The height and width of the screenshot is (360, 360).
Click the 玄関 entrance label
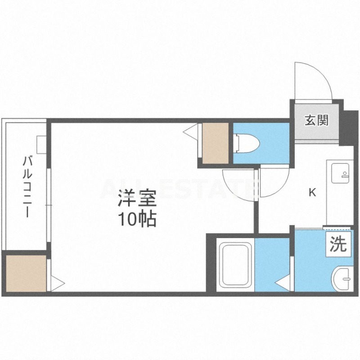(x=316, y=120)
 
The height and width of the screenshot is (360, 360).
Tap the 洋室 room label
(x=137, y=198)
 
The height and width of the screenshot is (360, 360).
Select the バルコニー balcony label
(x=27, y=186)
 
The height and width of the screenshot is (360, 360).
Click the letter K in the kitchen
(x=312, y=193)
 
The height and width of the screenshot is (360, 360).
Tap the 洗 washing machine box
(x=338, y=244)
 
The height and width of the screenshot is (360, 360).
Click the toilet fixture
(x=246, y=144)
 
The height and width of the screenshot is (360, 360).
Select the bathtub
(x=235, y=265)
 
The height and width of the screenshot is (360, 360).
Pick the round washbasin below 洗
(x=342, y=279)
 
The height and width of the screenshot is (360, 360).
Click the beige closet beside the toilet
(x=216, y=143)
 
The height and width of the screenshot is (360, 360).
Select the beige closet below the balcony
(x=26, y=273)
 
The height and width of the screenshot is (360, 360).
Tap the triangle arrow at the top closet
(x=190, y=131)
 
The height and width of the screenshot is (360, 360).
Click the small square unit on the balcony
(x=41, y=144)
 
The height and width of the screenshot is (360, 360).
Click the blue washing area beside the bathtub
(x=272, y=265)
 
